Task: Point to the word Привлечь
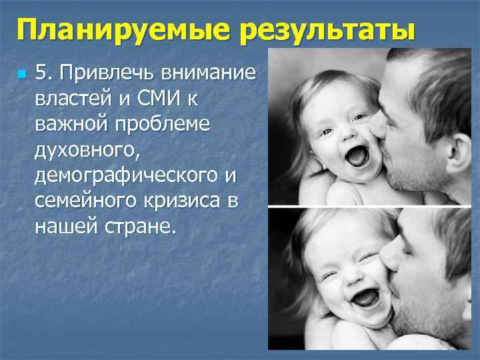pyautogui.click(x=106, y=71)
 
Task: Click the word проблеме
pyautogui.click(x=155, y=124)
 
